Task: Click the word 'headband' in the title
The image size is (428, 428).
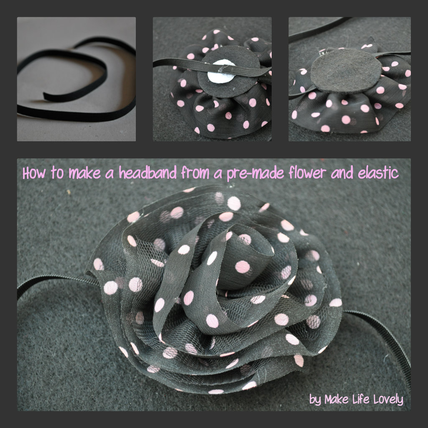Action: click(148, 173)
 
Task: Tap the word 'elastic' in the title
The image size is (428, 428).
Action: click(378, 173)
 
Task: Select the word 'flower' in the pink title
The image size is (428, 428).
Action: click(307, 173)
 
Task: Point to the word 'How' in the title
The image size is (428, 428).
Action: click(34, 173)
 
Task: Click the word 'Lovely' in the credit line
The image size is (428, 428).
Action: click(388, 400)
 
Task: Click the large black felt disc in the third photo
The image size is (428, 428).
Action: click(346, 71)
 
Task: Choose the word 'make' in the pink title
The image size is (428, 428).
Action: click(84, 173)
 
